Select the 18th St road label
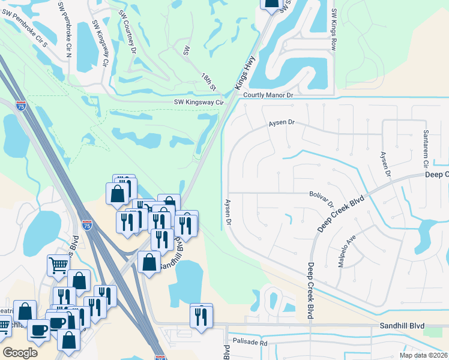(208, 80)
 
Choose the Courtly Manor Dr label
(268, 95)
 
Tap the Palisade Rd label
(251, 343)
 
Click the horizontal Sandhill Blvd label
(402, 326)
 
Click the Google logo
(19, 353)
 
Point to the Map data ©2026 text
(424, 355)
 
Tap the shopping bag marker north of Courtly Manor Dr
(271, 3)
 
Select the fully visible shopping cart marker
(58, 263)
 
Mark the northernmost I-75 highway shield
(21, 106)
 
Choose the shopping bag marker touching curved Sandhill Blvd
(149, 262)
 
